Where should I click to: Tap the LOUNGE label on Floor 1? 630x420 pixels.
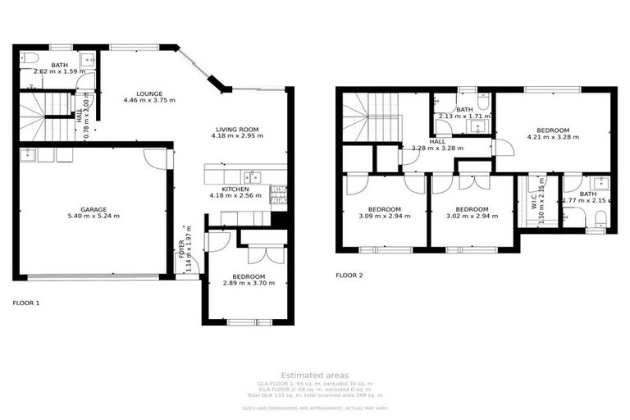(149, 94)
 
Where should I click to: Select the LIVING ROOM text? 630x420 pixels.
(237, 129)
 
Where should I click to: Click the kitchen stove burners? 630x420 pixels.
(279, 194)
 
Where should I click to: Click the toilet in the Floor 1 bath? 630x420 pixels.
(28, 59)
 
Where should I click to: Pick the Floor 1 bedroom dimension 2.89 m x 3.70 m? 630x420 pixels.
(248, 283)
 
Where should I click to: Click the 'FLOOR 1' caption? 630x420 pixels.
(26, 303)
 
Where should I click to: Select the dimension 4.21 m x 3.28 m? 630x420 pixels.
(553, 137)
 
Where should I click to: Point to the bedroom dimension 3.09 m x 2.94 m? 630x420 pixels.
(384, 217)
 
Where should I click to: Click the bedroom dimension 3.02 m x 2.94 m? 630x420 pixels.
(472, 217)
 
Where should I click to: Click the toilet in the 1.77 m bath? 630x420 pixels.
(600, 217)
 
